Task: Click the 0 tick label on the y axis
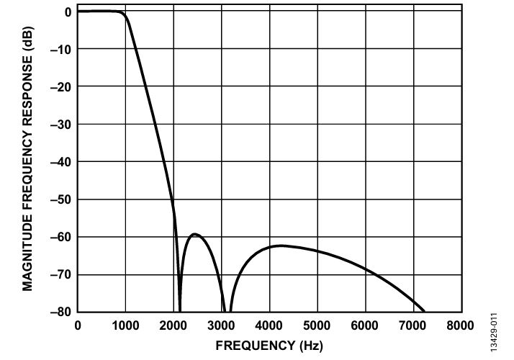[68, 12]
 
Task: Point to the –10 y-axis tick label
[60, 50]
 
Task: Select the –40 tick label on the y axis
[60, 162]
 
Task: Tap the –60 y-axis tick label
[60, 238]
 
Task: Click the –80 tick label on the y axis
[60, 312]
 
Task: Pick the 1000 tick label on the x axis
[125, 325]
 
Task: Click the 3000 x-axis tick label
[221, 325]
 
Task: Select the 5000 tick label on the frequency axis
[317, 325]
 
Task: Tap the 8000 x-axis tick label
[460, 325]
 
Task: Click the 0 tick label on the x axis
[78, 325]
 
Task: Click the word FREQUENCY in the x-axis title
[256, 346]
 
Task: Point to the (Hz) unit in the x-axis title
[311, 346]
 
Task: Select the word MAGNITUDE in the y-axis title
[27, 253]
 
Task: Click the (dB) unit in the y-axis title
[28, 38]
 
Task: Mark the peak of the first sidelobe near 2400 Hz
[194, 234]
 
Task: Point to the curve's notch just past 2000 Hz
[180, 311]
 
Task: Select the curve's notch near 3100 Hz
[227, 311]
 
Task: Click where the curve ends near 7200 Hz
[425, 311]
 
